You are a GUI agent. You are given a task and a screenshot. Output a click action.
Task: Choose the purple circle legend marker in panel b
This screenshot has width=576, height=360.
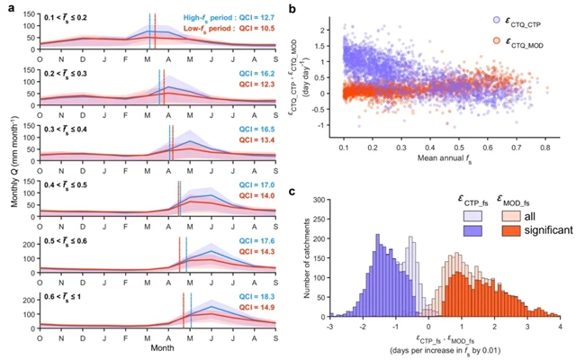(x=474, y=19)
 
